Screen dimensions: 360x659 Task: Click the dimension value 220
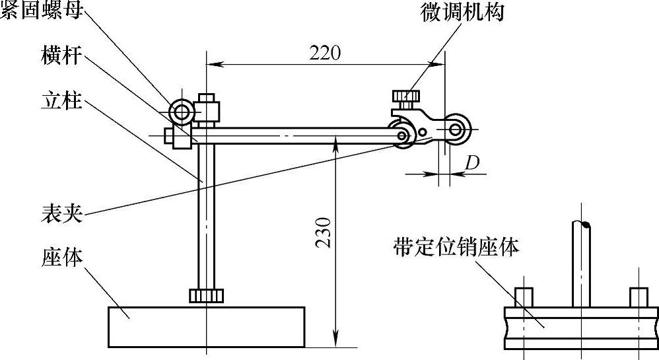(326, 53)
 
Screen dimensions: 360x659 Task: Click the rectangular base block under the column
(206, 327)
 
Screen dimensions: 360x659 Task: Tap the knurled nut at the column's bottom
(206, 295)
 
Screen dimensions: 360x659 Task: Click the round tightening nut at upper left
(180, 112)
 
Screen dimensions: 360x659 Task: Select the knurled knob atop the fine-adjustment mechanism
(405, 96)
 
